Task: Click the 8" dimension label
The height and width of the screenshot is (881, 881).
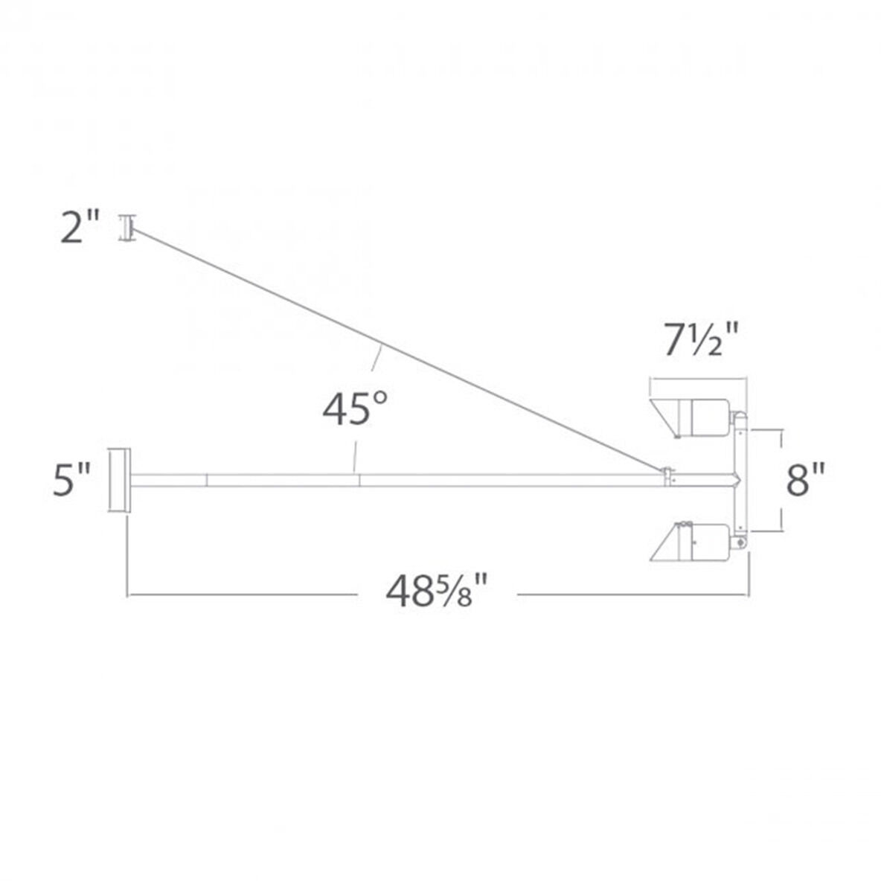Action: point(806,480)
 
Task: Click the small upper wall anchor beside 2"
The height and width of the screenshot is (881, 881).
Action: point(126,227)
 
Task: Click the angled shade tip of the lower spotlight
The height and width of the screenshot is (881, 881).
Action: point(664,544)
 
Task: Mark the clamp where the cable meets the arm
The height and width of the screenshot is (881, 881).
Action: point(669,476)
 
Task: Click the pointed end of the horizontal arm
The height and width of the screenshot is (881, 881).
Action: point(738,480)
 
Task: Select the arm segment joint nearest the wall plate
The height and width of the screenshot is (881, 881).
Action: point(207,480)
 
